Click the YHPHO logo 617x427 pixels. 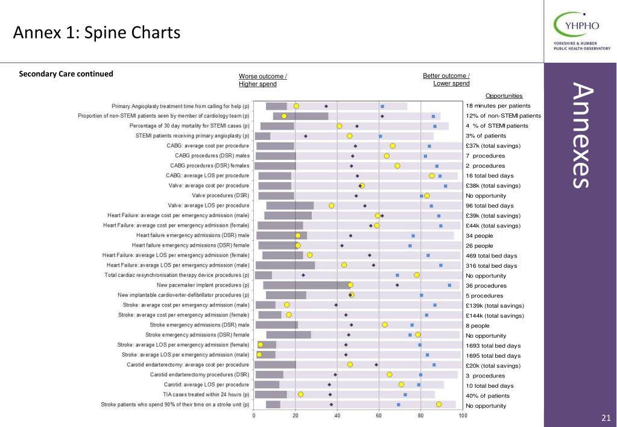click(581, 31)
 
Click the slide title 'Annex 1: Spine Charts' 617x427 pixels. click(97, 33)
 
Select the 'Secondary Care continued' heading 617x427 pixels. click(66, 74)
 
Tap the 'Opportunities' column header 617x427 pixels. click(504, 96)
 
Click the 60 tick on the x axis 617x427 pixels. click(379, 415)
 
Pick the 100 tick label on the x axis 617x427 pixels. click(463, 415)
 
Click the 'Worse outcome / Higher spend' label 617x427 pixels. click(262, 80)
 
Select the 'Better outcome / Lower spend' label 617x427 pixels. click(446, 80)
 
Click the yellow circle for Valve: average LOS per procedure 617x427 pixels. click(331, 206)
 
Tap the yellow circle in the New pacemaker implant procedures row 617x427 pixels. click(350, 285)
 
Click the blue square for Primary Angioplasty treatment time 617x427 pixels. click(382, 106)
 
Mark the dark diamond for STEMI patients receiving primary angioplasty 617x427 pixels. click(306, 136)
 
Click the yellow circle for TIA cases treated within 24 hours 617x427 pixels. click(300, 394)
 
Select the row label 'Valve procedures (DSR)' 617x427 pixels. click(220, 195)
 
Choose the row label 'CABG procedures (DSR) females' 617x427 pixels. click(210, 166)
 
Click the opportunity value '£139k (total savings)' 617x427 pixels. click(495, 306)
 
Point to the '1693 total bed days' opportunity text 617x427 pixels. click(493, 346)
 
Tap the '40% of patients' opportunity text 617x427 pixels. click(487, 396)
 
